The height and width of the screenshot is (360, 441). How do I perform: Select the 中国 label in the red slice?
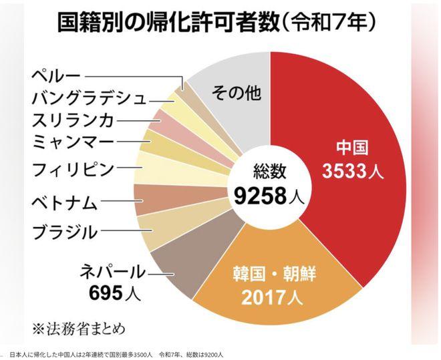point(351,148)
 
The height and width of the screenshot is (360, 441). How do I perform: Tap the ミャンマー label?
point(73,142)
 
